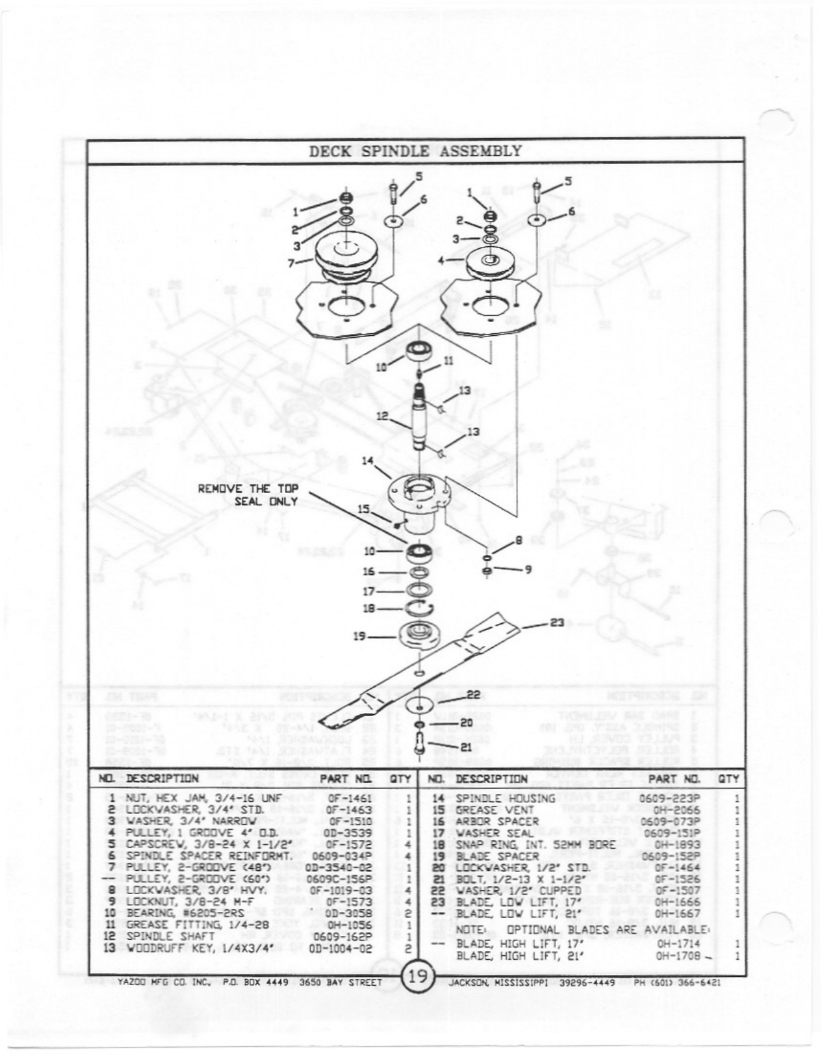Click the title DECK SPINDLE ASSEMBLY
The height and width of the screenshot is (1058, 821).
click(x=414, y=151)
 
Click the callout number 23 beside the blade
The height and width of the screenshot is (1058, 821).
click(x=557, y=623)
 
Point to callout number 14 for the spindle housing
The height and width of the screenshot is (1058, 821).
click(x=367, y=461)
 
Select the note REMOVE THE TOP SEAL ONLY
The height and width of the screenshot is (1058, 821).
click(x=248, y=494)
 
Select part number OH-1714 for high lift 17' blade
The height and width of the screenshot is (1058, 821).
click(x=677, y=943)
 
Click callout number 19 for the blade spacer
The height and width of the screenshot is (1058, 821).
click(x=359, y=636)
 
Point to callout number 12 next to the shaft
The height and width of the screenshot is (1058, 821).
click(x=382, y=416)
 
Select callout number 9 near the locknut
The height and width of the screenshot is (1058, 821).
click(x=527, y=569)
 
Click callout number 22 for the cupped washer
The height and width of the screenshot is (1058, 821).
click(x=473, y=694)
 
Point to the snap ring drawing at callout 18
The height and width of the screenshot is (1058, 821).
click(x=418, y=608)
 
